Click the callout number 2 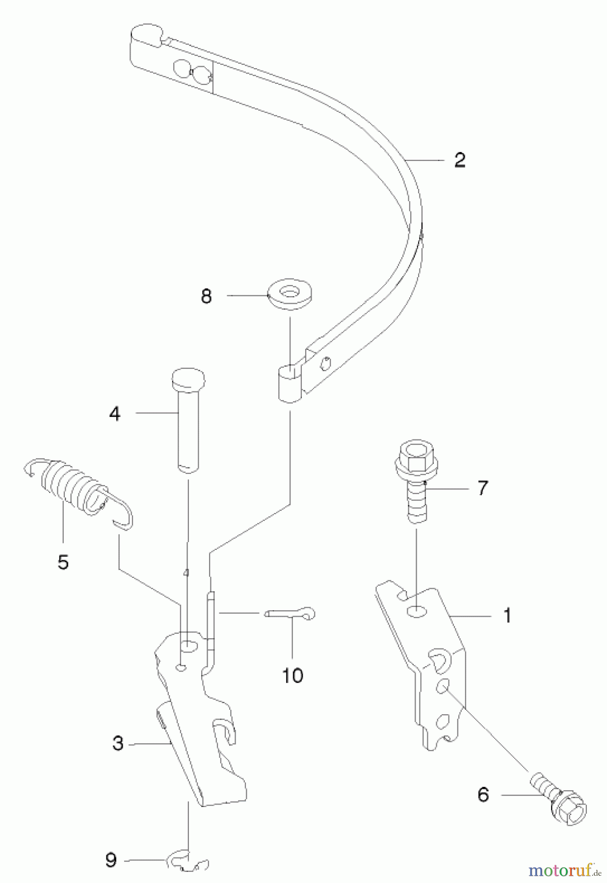459,160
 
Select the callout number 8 206,296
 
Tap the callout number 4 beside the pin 114,414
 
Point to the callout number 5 63,562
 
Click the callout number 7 483,488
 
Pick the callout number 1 507,615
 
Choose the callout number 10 292,675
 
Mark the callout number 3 118,743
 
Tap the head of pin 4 188,378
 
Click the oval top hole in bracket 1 417,612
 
